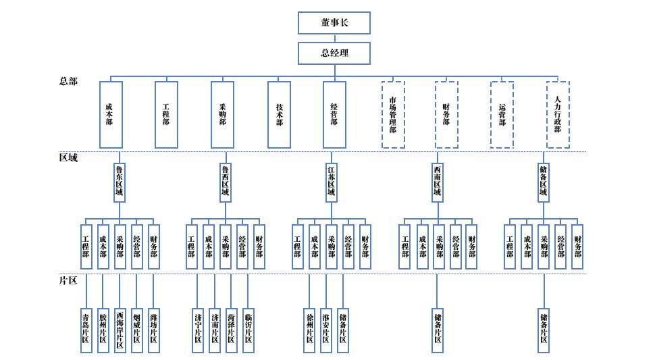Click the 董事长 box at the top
pyautogui.click(x=334, y=22)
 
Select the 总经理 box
pyautogui.click(x=334, y=53)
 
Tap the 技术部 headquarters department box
pyautogui.click(x=279, y=115)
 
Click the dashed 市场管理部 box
pyautogui.click(x=393, y=115)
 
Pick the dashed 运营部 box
pyautogui.click(x=502, y=115)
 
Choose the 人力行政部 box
pyautogui.click(x=558, y=115)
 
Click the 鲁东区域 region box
pyautogui.click(x=120, y=182)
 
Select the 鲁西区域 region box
pyautogui.click(x=226, y=182)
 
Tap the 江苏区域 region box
pyautogui.click(x=331, y=182)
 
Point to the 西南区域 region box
pyautogui.click(x=437, y=182)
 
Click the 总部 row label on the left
pyautogui.click(x=68, y=81)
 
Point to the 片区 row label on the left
pyautogui.click(x=68, y=280)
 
